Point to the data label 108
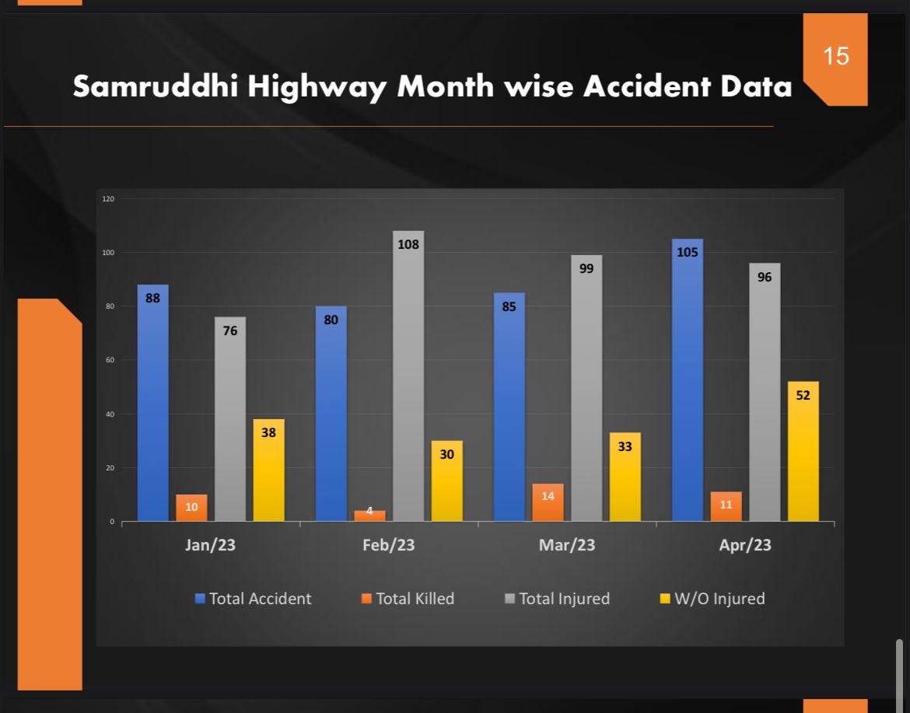pos(408,244)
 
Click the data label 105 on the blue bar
pos(687,252)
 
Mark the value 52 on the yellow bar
pos(803,395)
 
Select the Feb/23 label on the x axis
pos(388,545)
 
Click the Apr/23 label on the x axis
pos(744,545)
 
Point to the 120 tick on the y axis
pos(107,199)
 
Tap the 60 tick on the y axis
pos(110,360)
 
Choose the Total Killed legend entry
pos(408,599)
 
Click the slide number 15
pos(835,57)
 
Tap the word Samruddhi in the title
pos(156,87)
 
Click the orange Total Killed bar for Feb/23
pos(369,516)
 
